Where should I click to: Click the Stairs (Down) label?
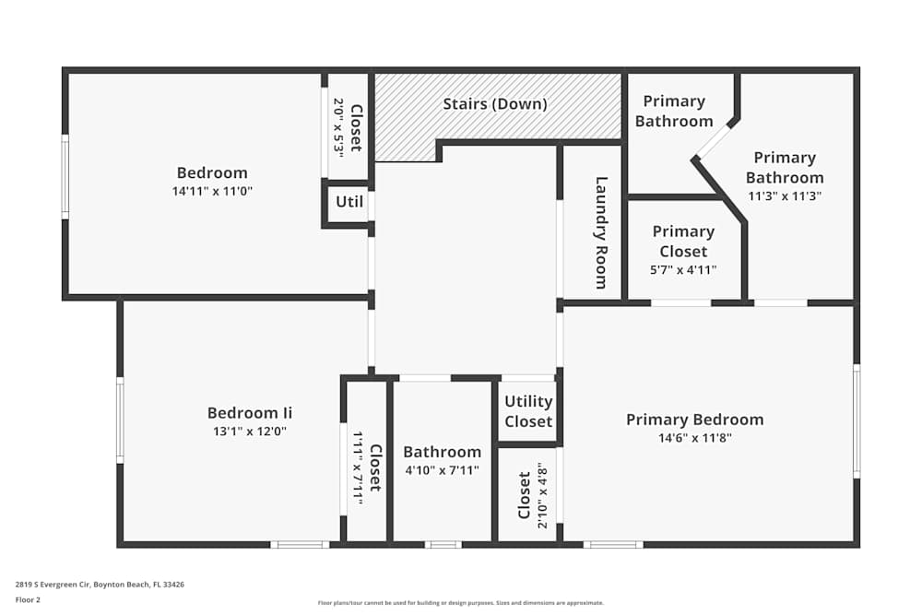[x=495, y=104]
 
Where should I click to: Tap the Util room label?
[x=349, y=202]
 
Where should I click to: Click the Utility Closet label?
[x=528, y=411]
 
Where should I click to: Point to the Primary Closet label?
[x=683, y=241]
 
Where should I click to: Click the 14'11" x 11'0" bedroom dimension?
[x=212, y=192]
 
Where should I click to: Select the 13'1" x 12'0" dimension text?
[x=250, y=432]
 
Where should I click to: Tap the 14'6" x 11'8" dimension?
[x=694, y=439]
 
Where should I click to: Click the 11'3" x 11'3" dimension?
[x=785, y=196]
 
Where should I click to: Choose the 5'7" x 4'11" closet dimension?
[x=683, y=270]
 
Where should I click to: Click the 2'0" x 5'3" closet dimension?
[x=338, y=125]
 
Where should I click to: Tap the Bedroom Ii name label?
[x=250, y=413]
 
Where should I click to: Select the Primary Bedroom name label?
[x=694, y=420]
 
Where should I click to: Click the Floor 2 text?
[x=28, y=599]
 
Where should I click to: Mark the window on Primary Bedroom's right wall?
[x=857, y=420]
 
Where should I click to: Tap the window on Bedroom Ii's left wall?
[x=120, y=420]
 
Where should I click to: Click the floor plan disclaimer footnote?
[x=461, y=602]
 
